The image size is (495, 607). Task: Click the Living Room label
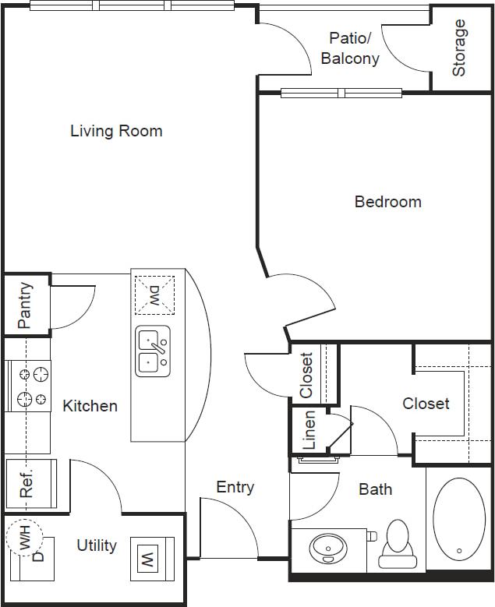click(x=116, y=131)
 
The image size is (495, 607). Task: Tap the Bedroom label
click(x=387, y=202)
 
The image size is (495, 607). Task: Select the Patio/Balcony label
click(x=350, y=48)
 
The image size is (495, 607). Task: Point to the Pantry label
click(x=24, y=305)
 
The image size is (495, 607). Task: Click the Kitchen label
click(x=90, y=406)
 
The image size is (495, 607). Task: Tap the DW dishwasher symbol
click(x=154, y=295)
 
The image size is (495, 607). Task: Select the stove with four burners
click(x=28, y=387)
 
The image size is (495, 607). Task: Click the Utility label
click(x=97, y=545)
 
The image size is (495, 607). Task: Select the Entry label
click(x=235, y=488)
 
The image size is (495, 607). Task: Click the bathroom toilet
click(x=397, y=544)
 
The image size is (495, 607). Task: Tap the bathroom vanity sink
click(x=327, y=548)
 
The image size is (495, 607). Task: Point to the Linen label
click(x=309, y=430)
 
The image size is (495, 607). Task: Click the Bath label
click(x=375, y=489)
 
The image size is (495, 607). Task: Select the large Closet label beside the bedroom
click(x=426, y=404)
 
